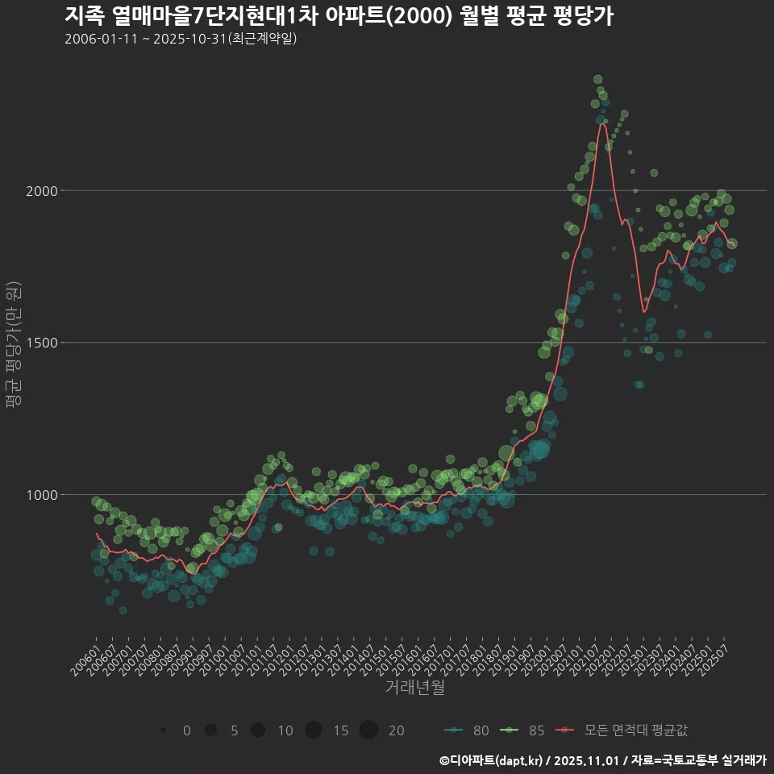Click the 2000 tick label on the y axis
(40, 191)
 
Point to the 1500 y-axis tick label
(40, 343)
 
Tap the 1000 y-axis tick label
(40, 494)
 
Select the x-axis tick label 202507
(717, 657)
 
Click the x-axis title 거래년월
(414, 688)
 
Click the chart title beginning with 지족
(339, 16)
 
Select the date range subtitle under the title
(181, 39)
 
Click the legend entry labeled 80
(467, 730)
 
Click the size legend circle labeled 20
(368, 730)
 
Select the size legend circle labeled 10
(258, 730)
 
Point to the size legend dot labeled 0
(164, 730)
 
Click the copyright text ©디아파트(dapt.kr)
(492, 760)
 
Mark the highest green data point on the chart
(598, 79)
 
